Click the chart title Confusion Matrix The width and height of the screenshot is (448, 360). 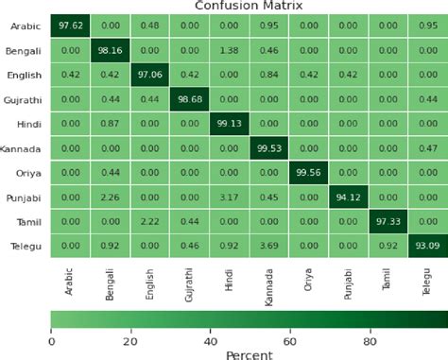coord(249,6)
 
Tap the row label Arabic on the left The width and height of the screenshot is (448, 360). coord(26,26)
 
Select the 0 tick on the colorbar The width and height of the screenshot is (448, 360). coord(51,342)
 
